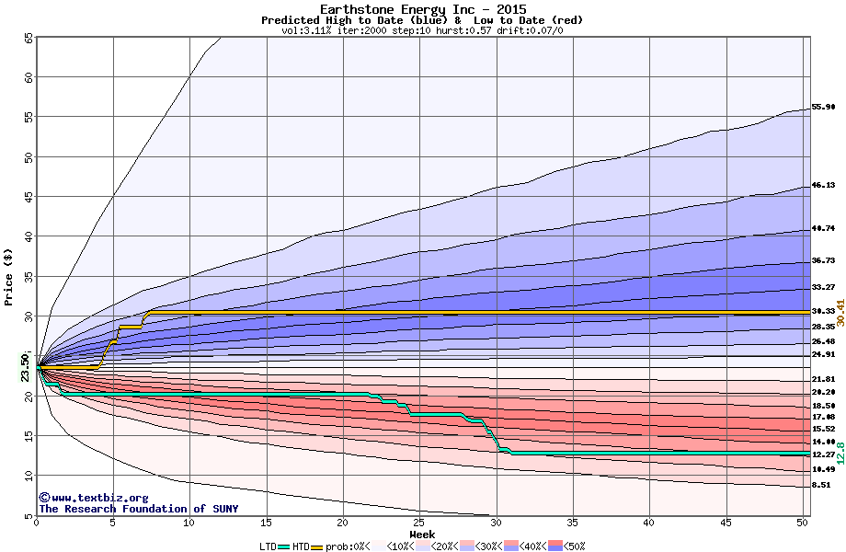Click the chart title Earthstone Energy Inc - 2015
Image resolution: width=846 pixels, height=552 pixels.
[422, 9]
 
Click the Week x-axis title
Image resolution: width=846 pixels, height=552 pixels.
[422, 535]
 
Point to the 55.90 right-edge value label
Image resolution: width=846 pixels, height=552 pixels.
[822, 107]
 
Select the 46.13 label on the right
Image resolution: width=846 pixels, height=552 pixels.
[822, 185]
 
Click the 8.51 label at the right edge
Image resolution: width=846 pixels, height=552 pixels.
[821, 485]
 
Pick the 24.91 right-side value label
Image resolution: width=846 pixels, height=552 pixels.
[822, 354]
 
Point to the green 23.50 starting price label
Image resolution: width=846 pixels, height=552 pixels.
[26, 368]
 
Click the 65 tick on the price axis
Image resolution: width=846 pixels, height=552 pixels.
[28, 38]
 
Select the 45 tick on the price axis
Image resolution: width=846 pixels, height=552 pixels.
[28, 196]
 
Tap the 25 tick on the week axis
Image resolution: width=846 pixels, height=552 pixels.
[419, 523]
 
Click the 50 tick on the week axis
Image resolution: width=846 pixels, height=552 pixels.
[802, 523]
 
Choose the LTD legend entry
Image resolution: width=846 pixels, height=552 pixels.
[269, 546]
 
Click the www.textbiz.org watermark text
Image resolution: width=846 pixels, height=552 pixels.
[86, 498]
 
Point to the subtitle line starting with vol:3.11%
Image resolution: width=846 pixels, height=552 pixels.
[422, 30]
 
